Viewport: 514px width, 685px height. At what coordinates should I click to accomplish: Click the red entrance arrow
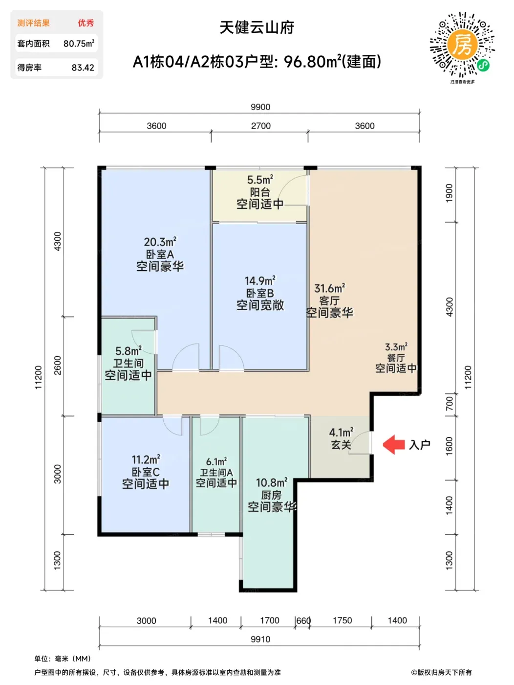point(393,444)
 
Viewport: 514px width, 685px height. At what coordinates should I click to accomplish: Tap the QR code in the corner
point(462,45)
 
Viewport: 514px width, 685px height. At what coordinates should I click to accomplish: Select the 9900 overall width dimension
point(260,107)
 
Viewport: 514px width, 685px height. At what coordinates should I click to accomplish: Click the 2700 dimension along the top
point(261,126)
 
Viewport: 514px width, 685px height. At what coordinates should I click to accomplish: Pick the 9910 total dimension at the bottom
point(260,639)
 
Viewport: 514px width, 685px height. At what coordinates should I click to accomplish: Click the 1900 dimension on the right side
point(449,193)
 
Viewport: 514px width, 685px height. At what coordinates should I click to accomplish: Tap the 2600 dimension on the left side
point(58,365)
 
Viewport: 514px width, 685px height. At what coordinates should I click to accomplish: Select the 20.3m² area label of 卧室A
point(160,242)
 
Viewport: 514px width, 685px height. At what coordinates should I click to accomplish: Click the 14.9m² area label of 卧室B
point(260,280)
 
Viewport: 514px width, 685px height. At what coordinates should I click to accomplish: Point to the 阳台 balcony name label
point(260,192)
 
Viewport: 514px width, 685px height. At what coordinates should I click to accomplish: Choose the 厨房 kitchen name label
point(271,495)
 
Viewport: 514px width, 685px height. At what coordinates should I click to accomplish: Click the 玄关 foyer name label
point(341,445)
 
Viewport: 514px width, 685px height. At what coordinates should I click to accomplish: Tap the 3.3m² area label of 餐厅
point(396,347)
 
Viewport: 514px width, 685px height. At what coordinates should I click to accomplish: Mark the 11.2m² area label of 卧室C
point(146,459)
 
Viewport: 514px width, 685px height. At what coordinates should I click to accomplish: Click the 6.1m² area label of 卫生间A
point(216,461)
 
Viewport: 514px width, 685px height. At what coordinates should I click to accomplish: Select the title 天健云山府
point(257,27)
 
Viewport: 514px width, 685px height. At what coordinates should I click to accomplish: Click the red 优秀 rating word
point(86,23)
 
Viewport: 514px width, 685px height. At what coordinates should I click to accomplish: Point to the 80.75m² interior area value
point(79,43)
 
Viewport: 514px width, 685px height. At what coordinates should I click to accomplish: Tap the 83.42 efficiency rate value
point(83,68)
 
